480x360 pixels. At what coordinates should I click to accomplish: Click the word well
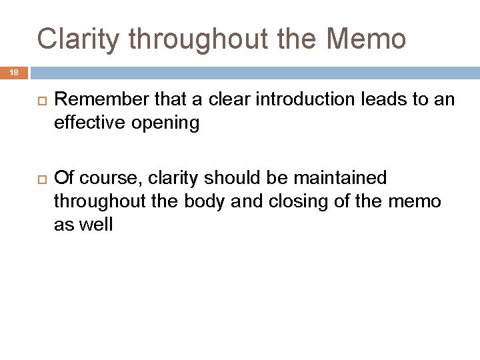(x=95, y=225)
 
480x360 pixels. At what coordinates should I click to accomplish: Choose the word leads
(x=382, y=101)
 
